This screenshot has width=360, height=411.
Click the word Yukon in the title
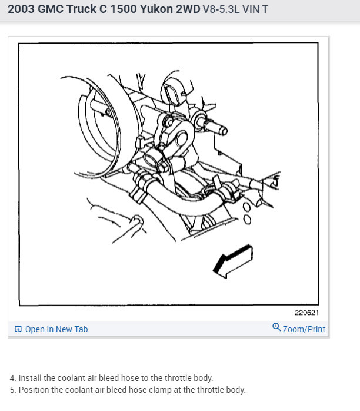click(x=156, y=9)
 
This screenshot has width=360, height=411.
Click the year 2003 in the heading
click(x=21, y=9)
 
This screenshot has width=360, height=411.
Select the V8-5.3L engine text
click(x=221, y=9)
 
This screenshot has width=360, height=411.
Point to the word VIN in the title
click(x=251, y=9)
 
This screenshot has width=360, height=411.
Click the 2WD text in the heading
click(x=188, y=9)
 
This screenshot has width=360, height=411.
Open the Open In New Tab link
click(x=56, y=329)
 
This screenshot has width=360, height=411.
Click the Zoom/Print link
click(x=304, y=329)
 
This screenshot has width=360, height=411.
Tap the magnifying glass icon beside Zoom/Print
click(x=276, y=327)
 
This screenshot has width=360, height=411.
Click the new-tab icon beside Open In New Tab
click(x=18, y=329)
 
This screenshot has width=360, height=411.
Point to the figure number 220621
click(x=306, y=313)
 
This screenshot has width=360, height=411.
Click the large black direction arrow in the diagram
click(x=233, y=261)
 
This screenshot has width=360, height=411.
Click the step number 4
click(x=12, y=378)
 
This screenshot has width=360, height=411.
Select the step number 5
click(x=12, y=390)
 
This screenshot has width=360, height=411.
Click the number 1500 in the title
click(x=123, y=9)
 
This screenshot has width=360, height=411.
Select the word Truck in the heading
click(x=81, y=9)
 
